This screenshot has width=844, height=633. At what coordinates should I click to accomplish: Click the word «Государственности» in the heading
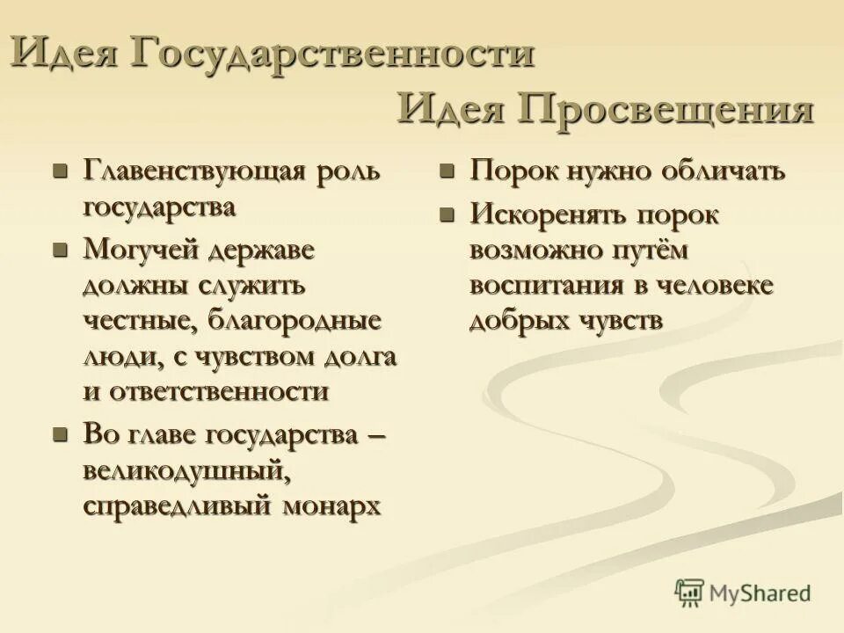(x=331, y=55)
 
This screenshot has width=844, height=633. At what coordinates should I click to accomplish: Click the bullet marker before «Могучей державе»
(x=60, y=250)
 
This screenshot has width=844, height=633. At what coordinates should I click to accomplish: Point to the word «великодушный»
(x=186, y=471)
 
